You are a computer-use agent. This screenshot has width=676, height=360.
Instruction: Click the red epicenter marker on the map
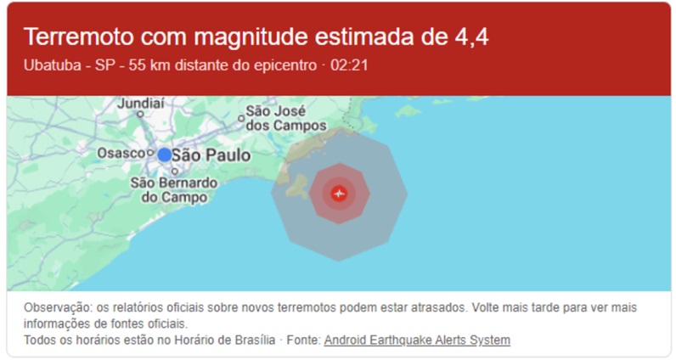[339, 194]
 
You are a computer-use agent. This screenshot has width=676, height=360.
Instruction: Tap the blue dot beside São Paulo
[164, 155]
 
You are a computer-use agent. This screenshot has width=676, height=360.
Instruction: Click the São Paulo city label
[211, 155]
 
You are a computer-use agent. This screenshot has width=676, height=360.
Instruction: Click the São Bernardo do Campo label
[175, 189]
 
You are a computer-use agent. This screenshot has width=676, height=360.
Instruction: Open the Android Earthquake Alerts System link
[417, 340]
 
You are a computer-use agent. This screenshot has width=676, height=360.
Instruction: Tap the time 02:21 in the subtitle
[350, 65]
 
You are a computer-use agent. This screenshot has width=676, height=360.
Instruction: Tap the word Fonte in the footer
[302, 340]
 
